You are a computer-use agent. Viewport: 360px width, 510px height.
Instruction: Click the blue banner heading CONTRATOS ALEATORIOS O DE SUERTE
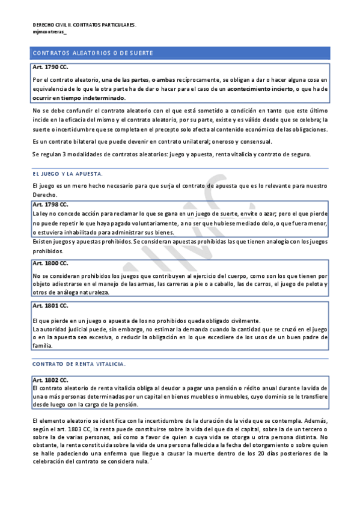[93, 54]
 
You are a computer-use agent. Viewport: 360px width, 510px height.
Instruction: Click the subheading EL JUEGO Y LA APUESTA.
[67, 173]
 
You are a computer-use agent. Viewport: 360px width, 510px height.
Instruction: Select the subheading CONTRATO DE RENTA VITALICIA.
[79, 364]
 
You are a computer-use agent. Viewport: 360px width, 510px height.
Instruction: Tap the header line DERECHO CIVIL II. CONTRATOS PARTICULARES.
[84, 25]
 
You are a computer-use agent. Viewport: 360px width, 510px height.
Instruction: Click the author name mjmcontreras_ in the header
[50, 32]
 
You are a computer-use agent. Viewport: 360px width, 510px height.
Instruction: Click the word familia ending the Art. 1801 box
[43, 346]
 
